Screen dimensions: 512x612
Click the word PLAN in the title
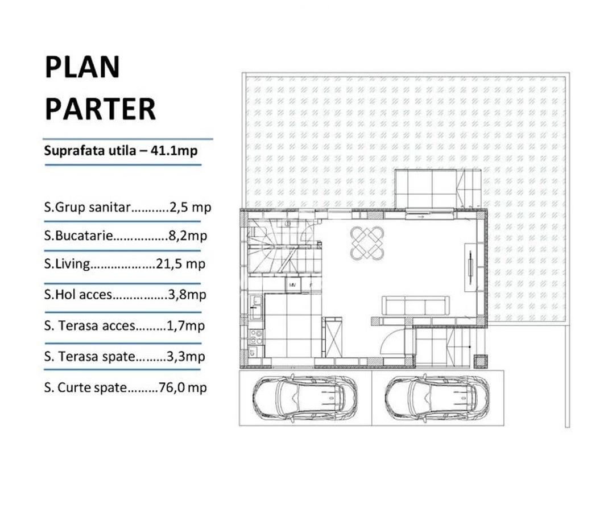click(82, 67)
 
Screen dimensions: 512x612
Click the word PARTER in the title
click(100, 109)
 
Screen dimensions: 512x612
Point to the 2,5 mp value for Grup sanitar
click(191, 207)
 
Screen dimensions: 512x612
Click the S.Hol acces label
click(78, 295)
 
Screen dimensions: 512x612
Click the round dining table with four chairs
click(367, 242)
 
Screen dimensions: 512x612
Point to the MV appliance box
click(293, 284)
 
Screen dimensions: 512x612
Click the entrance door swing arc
click(392, 342)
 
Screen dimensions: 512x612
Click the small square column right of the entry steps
click(480, 361)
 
